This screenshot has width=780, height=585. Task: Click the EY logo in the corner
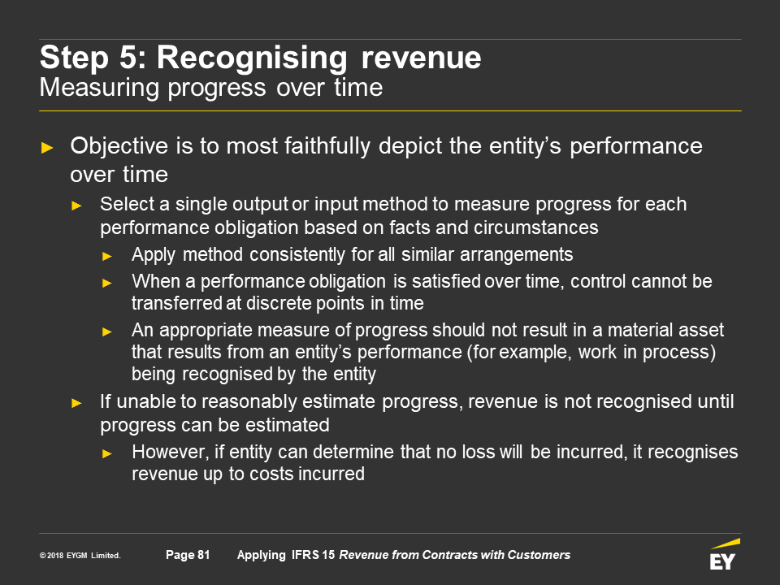[724, 554]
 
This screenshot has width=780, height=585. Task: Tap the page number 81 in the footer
[203, 555]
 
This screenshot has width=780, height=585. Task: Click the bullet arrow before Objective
[47, 148]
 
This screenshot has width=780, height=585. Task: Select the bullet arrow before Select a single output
[76, 206]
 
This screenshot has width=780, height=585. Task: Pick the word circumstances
[535, 227]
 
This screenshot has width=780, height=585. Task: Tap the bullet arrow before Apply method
[107, 257]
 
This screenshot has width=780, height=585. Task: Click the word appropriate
[206, 331]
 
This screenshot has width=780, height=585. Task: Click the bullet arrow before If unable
[76, 403]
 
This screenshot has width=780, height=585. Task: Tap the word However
[171, 453]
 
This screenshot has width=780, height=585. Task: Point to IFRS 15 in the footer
[313, 555]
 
